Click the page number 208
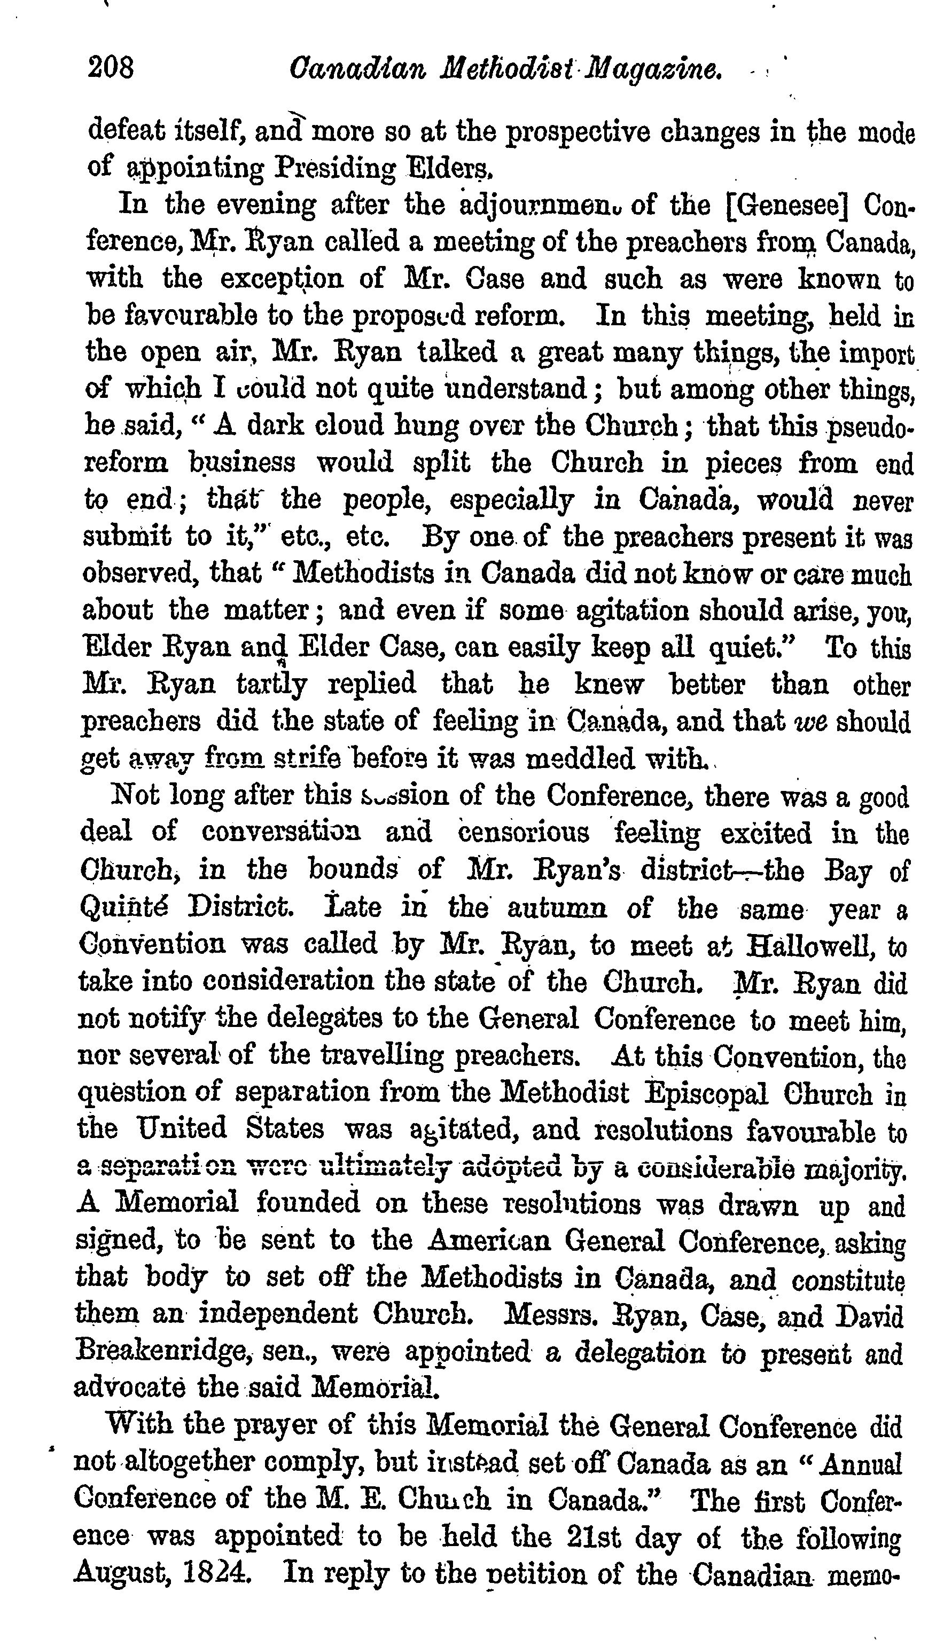pyautogui.click(x=111, y=67)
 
